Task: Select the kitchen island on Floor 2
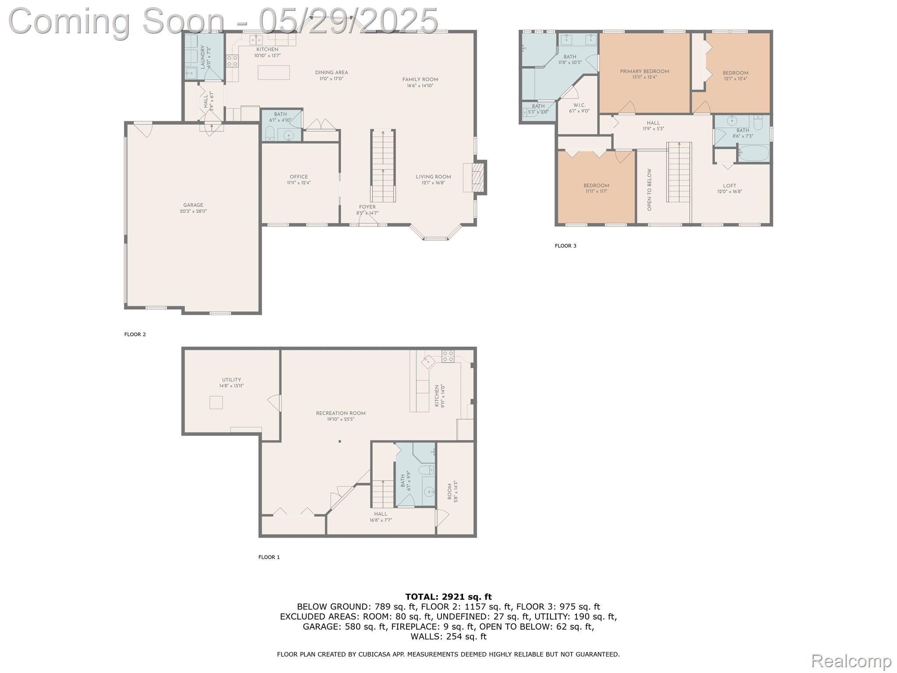click(x=274, y=72)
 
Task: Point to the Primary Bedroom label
click(x=644, y=72)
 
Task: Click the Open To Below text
click(x=650, y=189)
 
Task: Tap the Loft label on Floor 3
click(x=729, y=186)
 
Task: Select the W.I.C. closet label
click(x=579, y=106)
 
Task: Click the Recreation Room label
click(x=341, y=413)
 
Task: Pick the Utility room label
click(x=231, y=380)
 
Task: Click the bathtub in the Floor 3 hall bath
click(x=753, y=153)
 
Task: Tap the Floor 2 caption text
click(x=135, y=334)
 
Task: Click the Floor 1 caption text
click(x=269, y=557)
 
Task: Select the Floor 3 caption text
click(x=565, y=246)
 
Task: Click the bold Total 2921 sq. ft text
click(x=448, y=597)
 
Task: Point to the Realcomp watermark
click(x=851, y=661)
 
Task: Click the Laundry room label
click(x=203, y=57)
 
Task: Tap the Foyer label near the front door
click(x=367, y=207)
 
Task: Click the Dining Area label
click(x=332, y=73)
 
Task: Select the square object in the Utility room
click(x=216, y=402)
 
